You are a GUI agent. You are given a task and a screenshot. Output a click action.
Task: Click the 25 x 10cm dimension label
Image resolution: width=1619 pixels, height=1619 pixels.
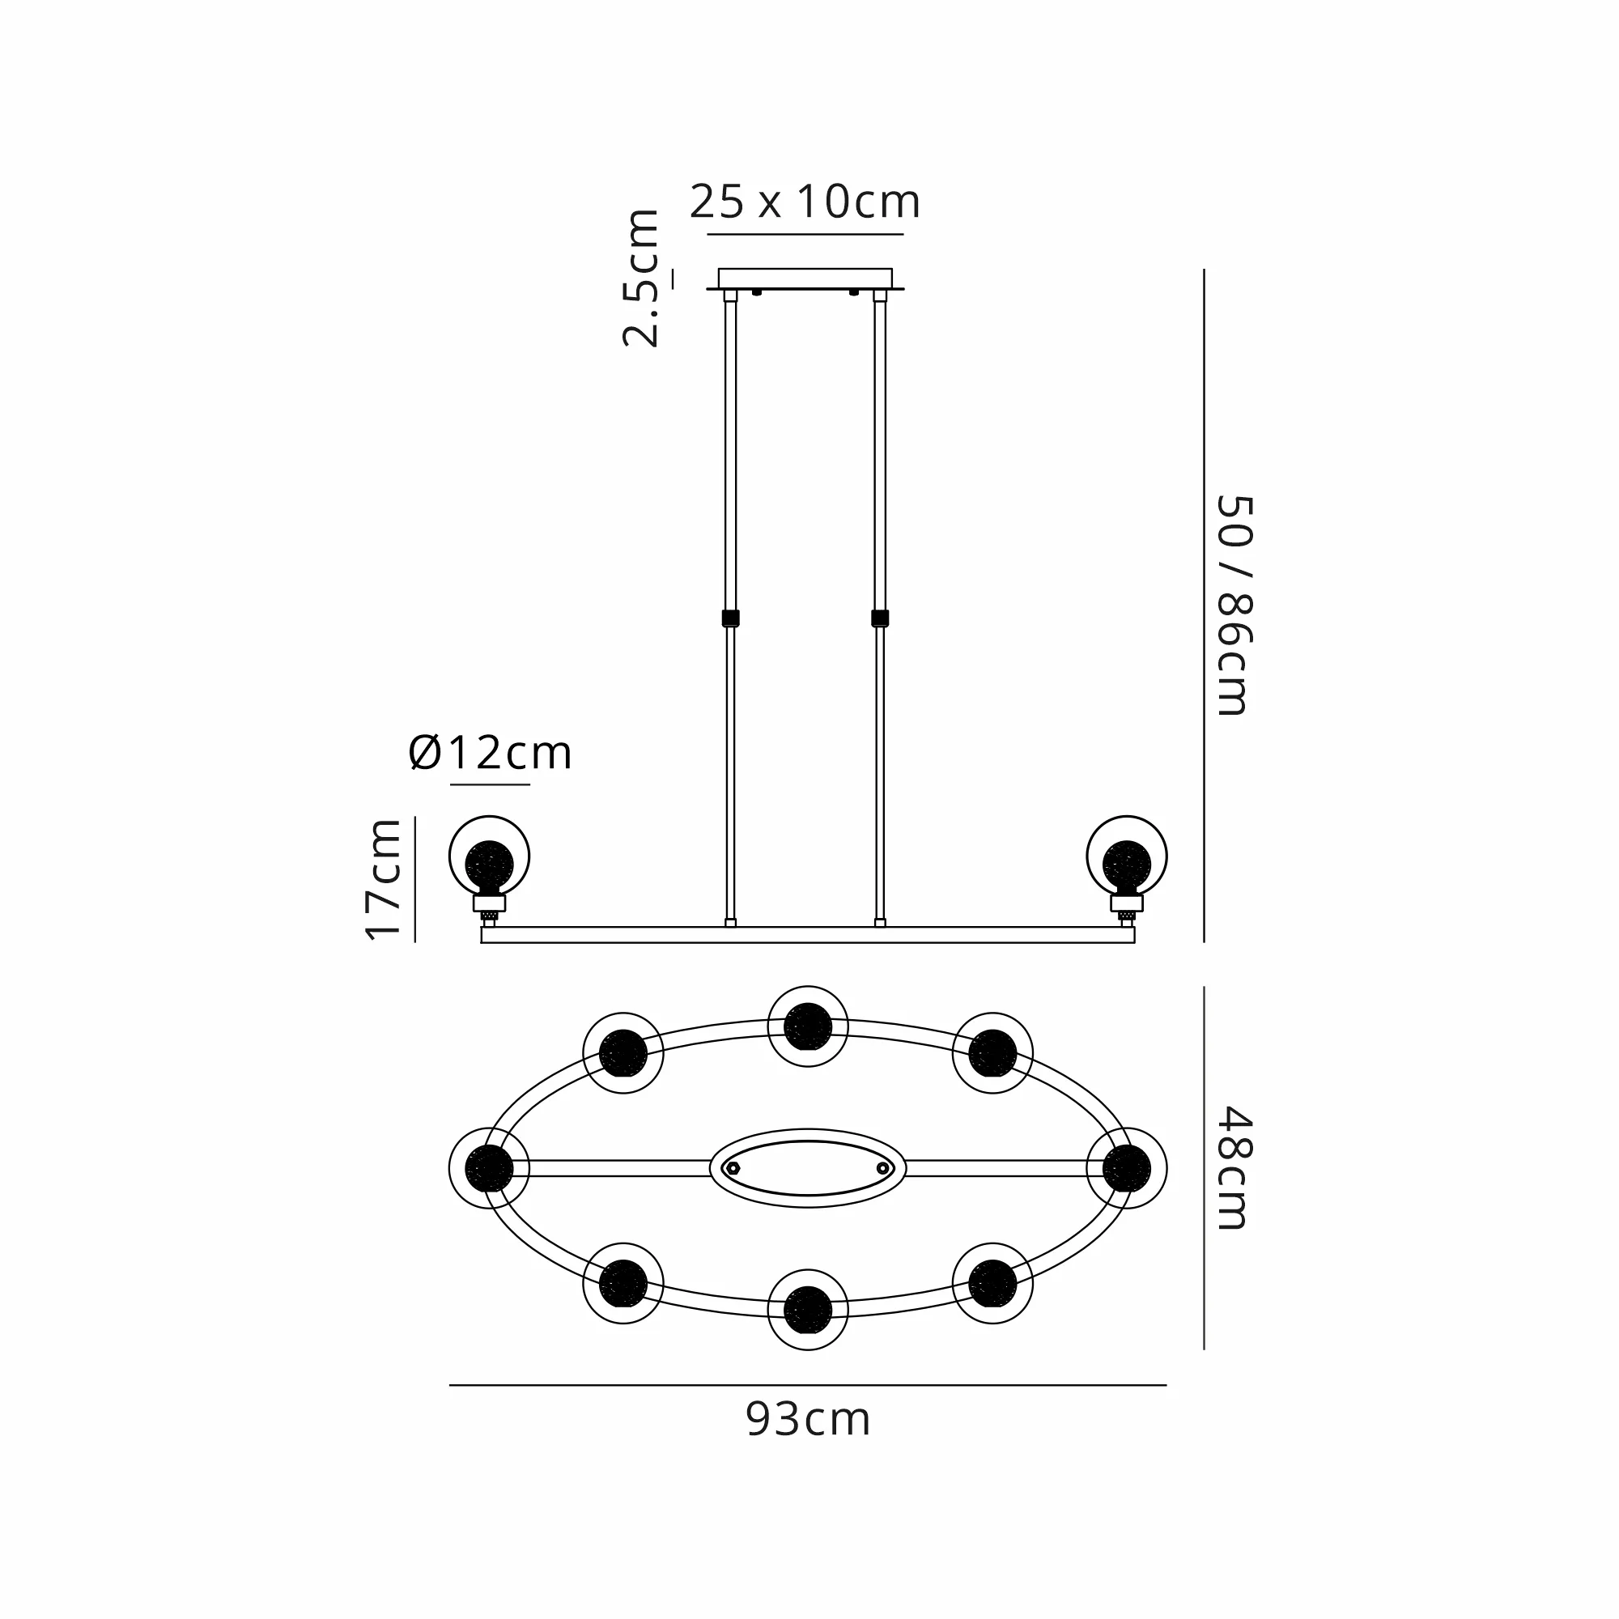805,201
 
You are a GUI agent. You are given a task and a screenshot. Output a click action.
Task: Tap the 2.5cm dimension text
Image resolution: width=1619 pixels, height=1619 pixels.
641,278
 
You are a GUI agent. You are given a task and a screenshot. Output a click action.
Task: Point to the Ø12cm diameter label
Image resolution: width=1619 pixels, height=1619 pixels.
491,753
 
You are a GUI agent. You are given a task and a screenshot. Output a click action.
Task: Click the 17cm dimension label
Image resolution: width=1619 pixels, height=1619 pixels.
384,879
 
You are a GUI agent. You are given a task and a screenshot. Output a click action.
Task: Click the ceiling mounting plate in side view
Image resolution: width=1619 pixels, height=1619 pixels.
805,279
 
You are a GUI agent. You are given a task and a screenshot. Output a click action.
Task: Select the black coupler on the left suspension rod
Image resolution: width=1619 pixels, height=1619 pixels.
730,618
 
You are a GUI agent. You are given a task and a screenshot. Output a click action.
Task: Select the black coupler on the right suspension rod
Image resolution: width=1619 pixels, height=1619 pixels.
880,618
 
